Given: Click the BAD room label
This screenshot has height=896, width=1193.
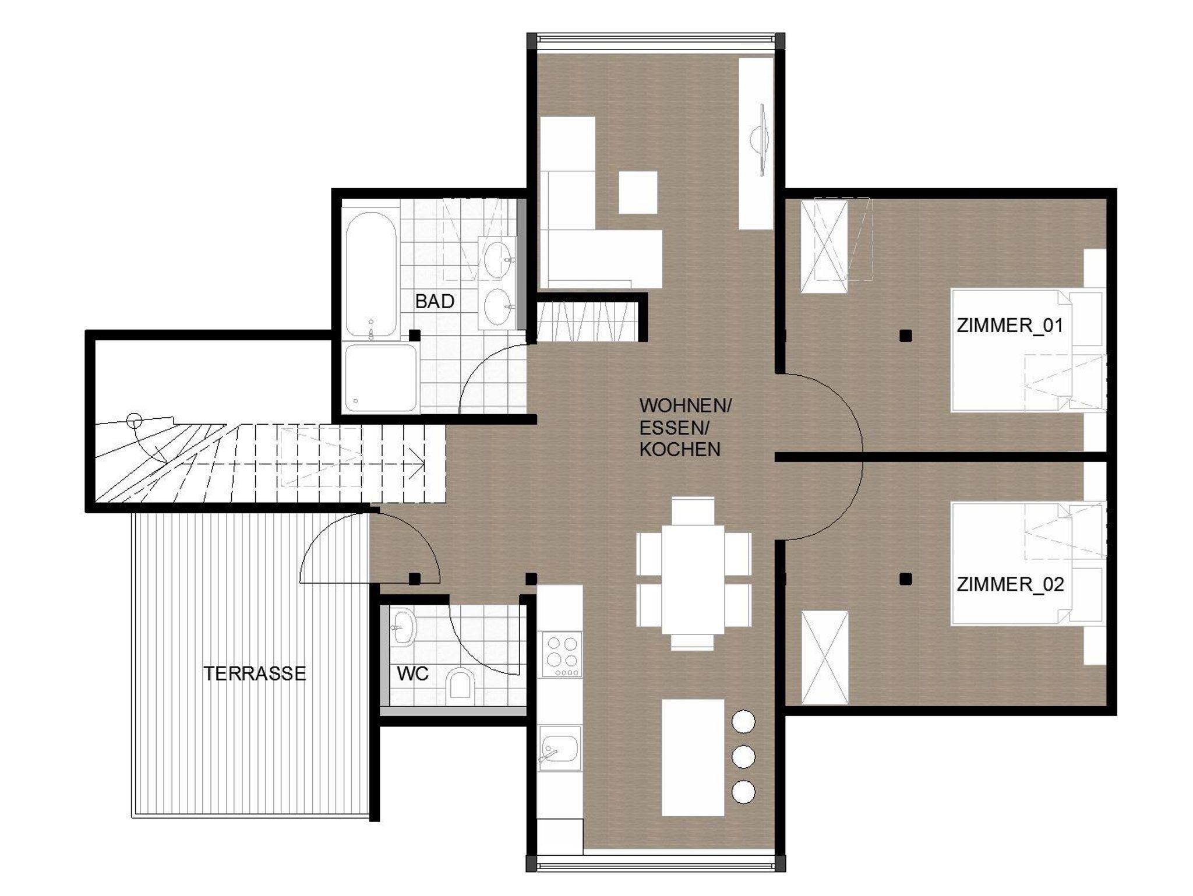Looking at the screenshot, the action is (x=435, y=301).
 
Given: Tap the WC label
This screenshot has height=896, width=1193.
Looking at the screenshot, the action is (x=413, y=673).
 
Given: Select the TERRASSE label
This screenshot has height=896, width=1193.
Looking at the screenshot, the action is (x=255, y=673).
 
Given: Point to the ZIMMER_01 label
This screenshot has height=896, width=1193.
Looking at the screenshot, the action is (x=1010, y=325).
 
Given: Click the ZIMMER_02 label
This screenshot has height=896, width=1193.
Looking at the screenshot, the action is (x=1010, y=584).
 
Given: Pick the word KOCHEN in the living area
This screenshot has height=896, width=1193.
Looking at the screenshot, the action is (x=680, y=449).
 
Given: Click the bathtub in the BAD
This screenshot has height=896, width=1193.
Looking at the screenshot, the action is (x=370, y=275).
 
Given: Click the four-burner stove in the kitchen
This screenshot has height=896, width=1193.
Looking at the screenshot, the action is (x=562, y=654).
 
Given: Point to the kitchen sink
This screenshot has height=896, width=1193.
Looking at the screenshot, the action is (x=560, y=749).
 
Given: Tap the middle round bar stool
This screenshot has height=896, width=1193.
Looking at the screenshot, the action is (x=743, y=757).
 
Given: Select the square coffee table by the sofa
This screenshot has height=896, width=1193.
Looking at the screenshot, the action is (x=638, y=192).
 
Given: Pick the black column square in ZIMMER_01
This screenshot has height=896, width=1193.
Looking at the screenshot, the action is (x=905, y=336).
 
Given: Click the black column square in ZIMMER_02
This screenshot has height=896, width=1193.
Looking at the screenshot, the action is (x=905, y=578).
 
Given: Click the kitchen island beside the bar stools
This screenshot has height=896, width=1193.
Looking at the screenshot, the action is (x=693, y=757).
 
